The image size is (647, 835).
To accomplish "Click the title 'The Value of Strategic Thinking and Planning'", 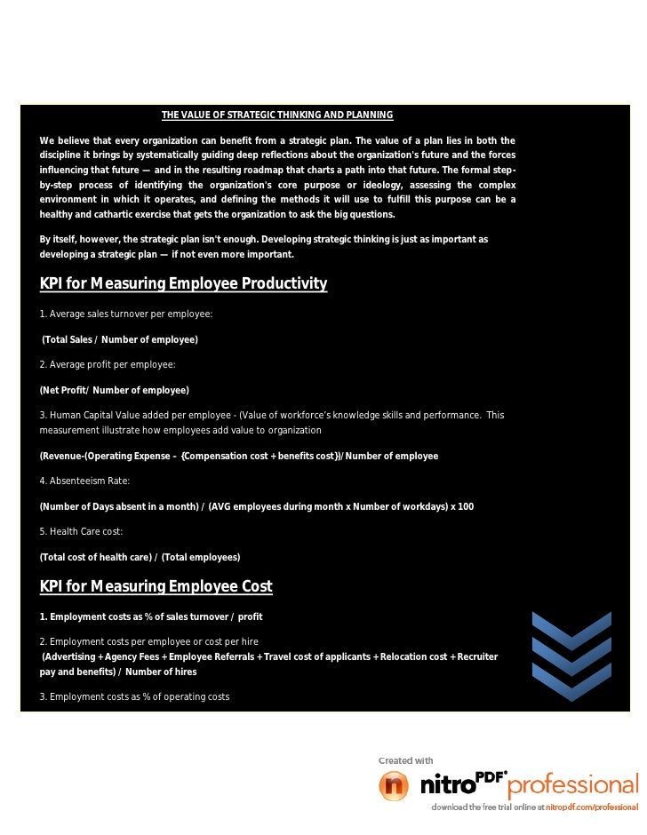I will pyautogui.click(x=276, y=115).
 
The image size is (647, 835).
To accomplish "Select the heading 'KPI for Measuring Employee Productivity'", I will pyautogui.click(x=183, y=284).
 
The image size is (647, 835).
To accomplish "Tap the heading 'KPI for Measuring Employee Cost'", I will pyautogui.click(x=156, y=587).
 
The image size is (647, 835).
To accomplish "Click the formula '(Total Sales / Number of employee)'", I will pyautogui.click(x=120, y=340).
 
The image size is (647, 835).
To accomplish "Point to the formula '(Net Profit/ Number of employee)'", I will pyautogui.click(x=114, y=390).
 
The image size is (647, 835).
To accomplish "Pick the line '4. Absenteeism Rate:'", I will pyautogui.click(x=84, y=481).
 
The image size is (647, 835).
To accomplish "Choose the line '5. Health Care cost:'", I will pyautogui.click(x=81, y=531).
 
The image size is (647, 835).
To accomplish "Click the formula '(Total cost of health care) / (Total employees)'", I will pyautogui.click(x=140, y=557).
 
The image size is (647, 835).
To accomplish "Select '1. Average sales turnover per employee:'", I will pyautogui.click(x=125, y=314).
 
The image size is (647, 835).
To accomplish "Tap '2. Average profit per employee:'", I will pyautogui.click(x=108, y=365).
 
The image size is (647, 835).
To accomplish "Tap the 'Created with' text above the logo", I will pyautogui.click(x=406, y=760).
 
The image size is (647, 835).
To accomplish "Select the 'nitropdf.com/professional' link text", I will pyautogui.click(x=592, y=807).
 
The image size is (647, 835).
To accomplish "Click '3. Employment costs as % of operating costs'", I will pyautogui.click(x=134, y=696).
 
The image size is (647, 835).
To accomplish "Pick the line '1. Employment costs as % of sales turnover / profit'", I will pyautogui.click(x=150, y=616).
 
